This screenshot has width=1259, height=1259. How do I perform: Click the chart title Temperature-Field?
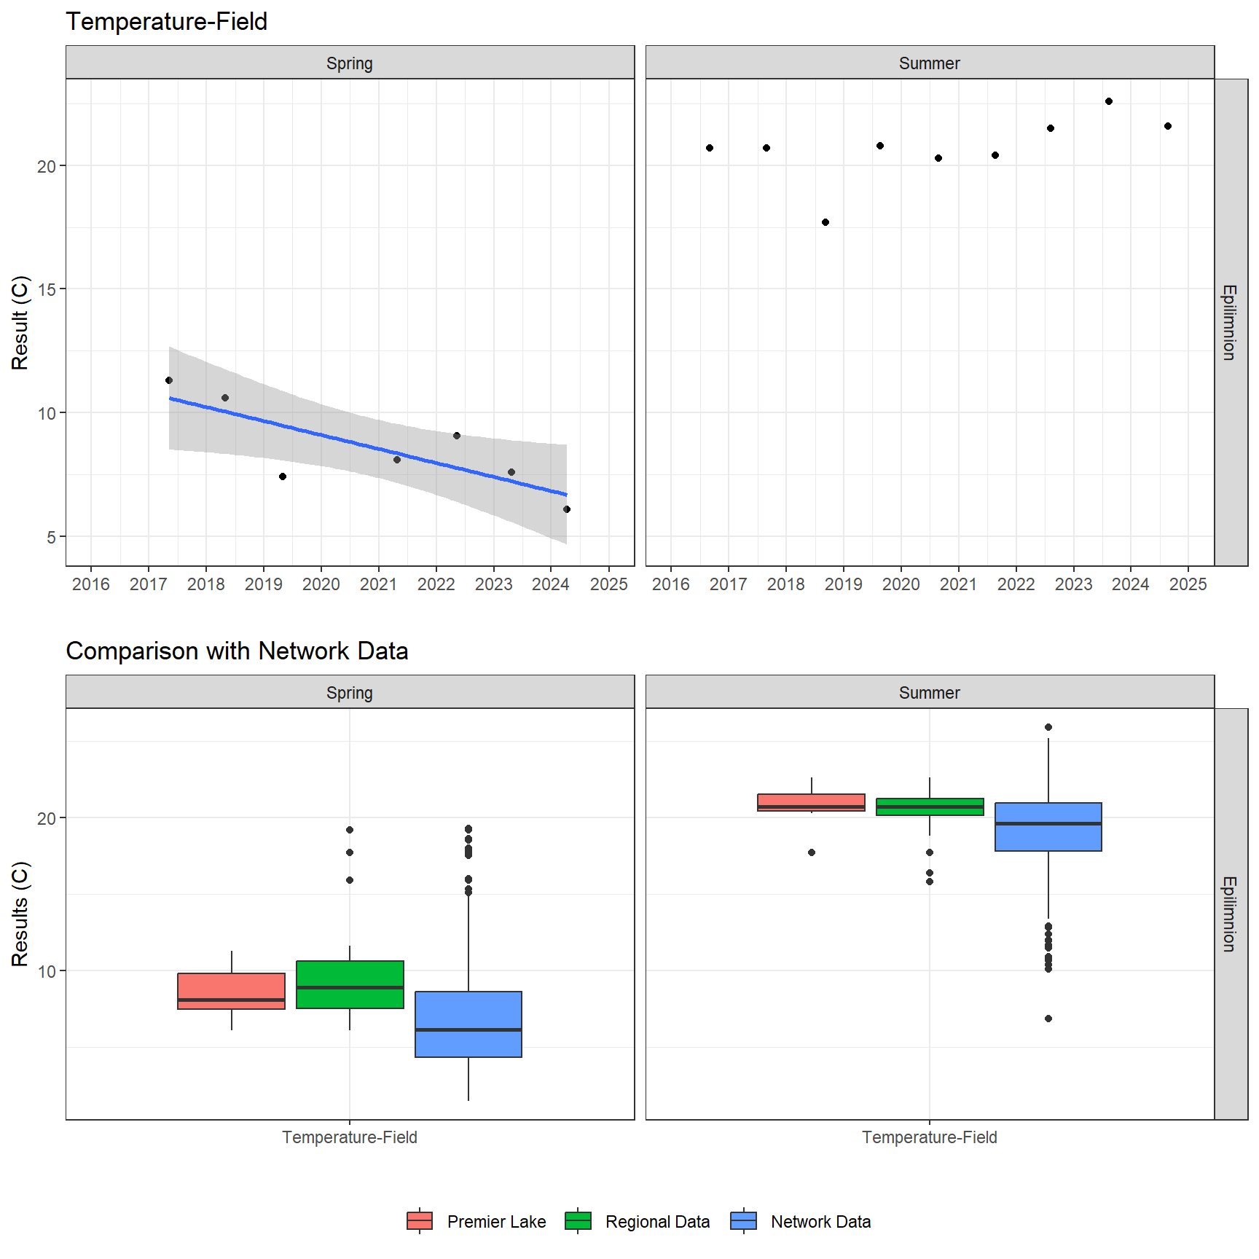point(166,22)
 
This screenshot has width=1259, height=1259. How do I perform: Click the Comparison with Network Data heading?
point(237,651)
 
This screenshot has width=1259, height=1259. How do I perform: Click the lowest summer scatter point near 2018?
point(825,222)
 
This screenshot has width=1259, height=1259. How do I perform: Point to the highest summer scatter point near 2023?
point(1108,101)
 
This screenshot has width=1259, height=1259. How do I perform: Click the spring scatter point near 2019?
point(283,476)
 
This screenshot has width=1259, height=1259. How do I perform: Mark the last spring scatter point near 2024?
point(566,509)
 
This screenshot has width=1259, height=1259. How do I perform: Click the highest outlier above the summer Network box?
point(1048,727)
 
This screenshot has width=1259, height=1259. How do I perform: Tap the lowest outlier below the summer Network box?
point(1048,1019)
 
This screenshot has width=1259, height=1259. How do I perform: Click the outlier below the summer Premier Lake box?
point(811,852)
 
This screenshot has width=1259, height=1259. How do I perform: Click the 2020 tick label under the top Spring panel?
point(321,584)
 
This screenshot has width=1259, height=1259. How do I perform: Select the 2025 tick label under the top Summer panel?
point(1188,584)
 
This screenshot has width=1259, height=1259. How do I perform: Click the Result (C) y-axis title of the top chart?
point(20,322)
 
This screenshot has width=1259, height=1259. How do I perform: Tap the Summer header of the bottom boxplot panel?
point(929,693)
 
